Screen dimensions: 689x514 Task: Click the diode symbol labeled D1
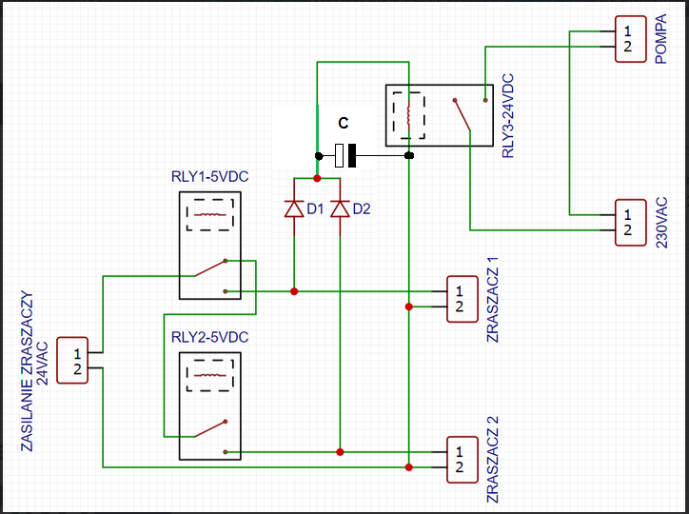(x=294, y=208)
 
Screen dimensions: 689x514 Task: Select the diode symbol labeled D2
(x=340, y=208)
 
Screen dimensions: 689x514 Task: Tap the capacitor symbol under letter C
(x=345, y=155)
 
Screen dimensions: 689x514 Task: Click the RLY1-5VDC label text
(x=209, y=177)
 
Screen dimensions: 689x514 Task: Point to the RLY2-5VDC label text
(x=209, y=337)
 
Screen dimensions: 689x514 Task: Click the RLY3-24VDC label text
(x=507, y=115)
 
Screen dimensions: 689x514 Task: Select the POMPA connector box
(x=631, y=39)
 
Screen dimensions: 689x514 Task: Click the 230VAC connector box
(x=631, y=223)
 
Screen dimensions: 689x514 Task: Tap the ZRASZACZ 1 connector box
(x=463, y=299)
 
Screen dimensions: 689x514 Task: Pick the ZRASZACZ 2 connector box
(x=463, y=460)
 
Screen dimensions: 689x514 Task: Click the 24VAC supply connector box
(x=72, y=360)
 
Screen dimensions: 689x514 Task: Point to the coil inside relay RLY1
(x=210, y=215)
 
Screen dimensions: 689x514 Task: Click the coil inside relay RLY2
(x=210, y=375)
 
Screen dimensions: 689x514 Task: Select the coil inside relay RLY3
(x=408, y=115)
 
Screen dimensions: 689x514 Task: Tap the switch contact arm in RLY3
(x=462, y=115)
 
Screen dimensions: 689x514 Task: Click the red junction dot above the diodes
(x=317, y=178)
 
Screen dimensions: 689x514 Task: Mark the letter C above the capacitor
(x=344, y=123)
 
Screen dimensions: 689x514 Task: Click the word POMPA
(x=660, y=39)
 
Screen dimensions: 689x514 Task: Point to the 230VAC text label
(x=661, y=223)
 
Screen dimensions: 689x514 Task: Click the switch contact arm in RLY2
(x=210, y=429)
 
